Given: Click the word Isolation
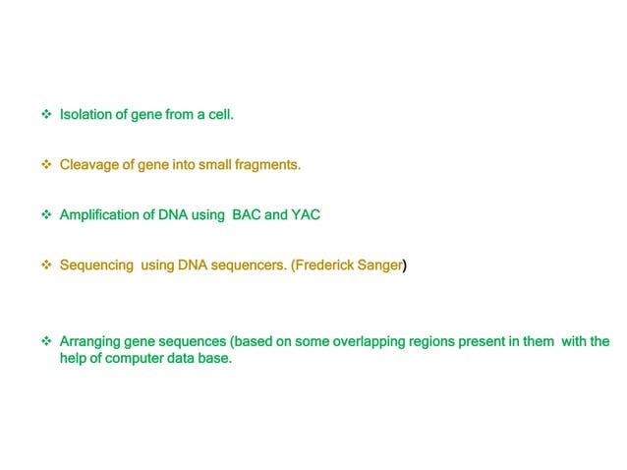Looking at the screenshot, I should coord(85,115).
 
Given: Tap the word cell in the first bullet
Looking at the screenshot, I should coord(220,115).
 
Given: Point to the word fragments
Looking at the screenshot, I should coord(265,164).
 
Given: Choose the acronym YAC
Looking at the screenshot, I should coord(306,214).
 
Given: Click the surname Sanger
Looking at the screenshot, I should coord(380,265).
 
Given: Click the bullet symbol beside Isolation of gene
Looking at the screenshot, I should coord(45,115).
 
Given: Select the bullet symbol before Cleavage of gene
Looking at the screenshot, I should coord(45,164).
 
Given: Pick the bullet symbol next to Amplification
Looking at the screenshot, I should coord(45,214).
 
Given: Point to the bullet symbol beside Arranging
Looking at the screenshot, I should coord(45,342).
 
